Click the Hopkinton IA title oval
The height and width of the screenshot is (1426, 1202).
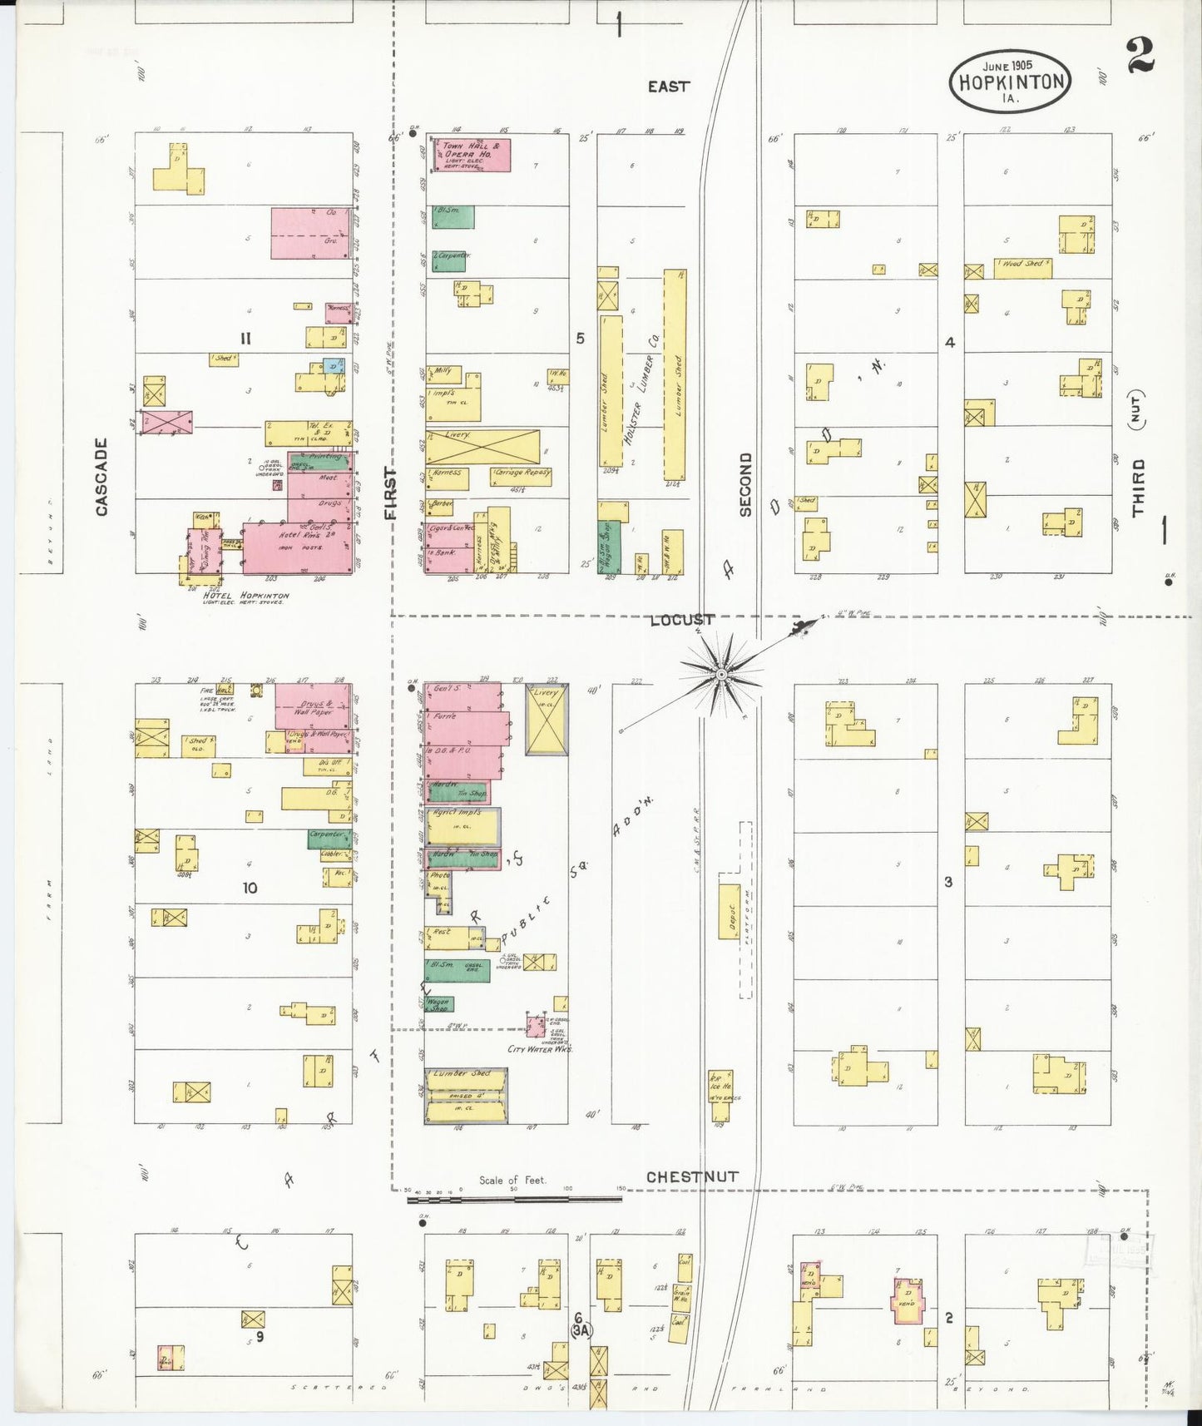click(1010, 81)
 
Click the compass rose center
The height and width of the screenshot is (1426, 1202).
click(722, 673)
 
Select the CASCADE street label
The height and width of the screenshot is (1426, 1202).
click(101, 477)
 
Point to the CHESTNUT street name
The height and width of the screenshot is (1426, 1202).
click(692, 1176)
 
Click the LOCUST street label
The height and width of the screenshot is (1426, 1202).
click(682, 620)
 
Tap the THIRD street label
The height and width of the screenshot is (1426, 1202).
click(1138, 487)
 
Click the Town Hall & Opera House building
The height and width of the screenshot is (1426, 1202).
click(469, 156)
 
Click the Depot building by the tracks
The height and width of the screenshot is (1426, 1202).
click(730, 910)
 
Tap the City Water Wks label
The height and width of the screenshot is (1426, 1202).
click(540, 1049)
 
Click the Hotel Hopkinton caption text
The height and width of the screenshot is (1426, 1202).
click(246, 596)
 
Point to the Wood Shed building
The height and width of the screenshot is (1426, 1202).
click(1023, 267)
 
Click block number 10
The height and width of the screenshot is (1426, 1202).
click(250, 888)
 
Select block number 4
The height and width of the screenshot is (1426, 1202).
click(950, 342)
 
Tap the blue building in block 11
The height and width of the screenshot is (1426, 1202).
click(334, 366)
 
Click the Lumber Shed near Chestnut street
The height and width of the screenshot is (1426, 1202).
click(466, 1096)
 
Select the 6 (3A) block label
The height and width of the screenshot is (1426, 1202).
click(580, 1324)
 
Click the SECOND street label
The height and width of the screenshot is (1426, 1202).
click(745, 484)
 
